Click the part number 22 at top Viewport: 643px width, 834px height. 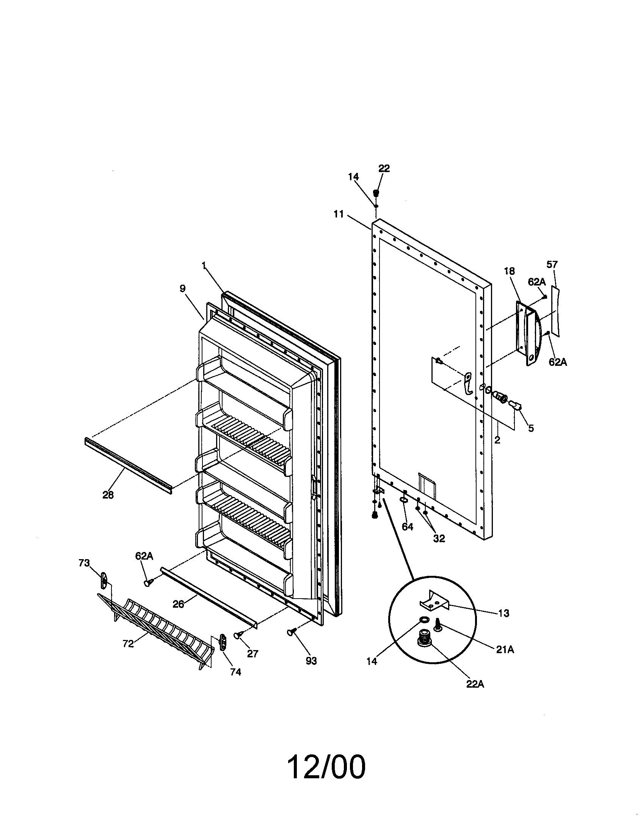tap(384, 168)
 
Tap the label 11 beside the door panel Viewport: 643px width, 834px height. tap(338, 214)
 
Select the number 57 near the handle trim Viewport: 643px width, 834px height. tap(552, 264)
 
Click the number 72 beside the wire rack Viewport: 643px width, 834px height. tap(128, 643)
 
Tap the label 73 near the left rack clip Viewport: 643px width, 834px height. tap(84, 563)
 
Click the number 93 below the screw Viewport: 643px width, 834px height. tap(311, 661)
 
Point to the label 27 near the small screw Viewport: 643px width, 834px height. tap(252, 654)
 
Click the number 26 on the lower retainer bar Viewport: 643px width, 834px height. tap(178, 604)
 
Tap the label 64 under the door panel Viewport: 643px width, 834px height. tap(408, 527)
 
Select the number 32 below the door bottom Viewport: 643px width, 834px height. tap(439, 538)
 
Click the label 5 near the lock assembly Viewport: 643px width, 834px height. tap(531, 428)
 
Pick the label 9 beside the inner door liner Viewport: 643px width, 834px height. tap(182, 288)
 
